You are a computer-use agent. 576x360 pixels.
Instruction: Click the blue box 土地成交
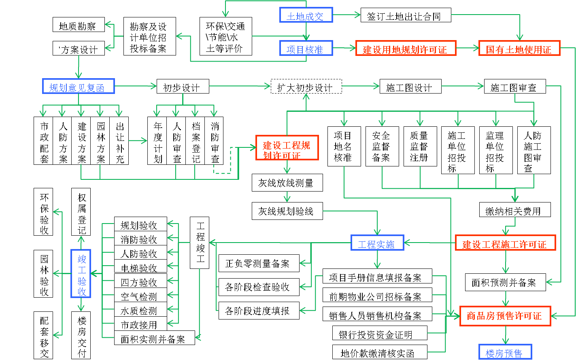click(306, 15)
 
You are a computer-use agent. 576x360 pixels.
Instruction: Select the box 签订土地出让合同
click(406, 16)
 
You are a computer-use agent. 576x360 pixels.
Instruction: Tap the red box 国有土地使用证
click(519, 48)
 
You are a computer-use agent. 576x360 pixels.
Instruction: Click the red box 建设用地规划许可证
click(406, 48)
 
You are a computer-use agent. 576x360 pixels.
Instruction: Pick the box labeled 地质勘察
click(79, 25)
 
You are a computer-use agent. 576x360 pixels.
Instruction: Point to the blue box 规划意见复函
click(79, 86)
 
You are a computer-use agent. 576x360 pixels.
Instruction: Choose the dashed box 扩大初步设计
click(306, 86)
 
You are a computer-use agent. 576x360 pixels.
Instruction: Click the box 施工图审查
click(515, 86)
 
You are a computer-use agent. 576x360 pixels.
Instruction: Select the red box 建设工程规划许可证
click(287, 148)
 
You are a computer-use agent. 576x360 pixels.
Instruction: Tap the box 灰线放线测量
click(287, 183)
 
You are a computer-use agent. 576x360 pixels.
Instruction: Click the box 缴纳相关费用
click(515, 210)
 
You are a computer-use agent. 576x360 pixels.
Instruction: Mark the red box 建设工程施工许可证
click(505, 243)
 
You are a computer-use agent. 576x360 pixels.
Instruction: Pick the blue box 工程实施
click(377, 243)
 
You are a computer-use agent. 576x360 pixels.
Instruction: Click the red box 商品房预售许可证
click(505, 316)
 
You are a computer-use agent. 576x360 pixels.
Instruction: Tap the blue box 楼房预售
click(505, 352)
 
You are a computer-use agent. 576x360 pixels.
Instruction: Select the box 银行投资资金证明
click(375, 333)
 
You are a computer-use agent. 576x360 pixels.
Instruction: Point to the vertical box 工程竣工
click(200, 243)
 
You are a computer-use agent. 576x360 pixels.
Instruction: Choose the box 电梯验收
click(140, 267)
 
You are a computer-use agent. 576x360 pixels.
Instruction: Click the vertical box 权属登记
click(81, 212)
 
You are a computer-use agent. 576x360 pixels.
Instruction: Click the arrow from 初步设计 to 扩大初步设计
click(240, 86)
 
